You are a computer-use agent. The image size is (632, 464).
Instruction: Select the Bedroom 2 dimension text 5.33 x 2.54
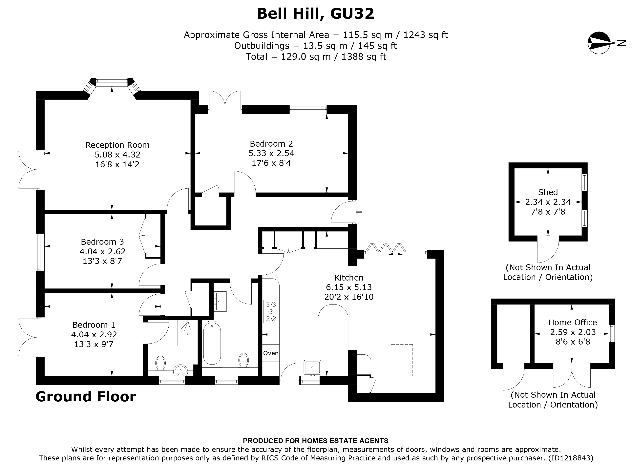click(271, 153)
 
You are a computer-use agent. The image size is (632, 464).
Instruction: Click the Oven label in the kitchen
click(270, 353)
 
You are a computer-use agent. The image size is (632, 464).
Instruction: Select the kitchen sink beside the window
click(311, 367)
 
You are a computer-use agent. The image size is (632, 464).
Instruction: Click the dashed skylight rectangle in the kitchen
click(402, 360)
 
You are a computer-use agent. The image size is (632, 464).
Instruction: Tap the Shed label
click(548, 192)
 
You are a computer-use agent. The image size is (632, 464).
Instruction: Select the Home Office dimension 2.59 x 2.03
click(573, 332)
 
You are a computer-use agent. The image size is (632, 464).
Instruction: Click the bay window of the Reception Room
click(112, 82)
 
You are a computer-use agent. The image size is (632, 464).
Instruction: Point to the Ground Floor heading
click(86, 397)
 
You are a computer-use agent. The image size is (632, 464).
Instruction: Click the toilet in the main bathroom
click(243, 360)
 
